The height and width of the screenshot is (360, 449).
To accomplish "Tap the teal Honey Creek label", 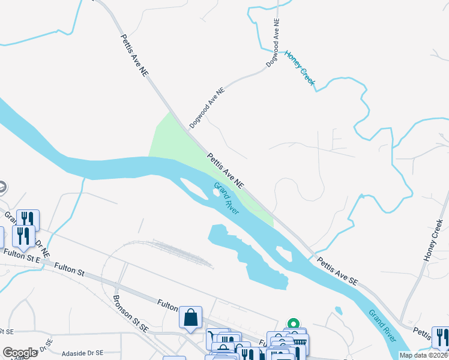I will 300,67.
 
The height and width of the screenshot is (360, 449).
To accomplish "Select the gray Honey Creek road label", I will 433,239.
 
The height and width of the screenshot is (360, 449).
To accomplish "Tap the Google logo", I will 20,353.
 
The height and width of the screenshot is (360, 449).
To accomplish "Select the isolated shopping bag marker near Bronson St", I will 190,316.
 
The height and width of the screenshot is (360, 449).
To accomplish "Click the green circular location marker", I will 294,323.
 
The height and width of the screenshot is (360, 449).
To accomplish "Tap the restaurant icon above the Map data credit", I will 439,336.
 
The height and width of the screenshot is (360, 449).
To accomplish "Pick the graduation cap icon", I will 2,187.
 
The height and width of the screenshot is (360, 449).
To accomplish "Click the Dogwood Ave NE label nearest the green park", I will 206,107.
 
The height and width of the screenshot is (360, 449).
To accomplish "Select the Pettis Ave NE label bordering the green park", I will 226,169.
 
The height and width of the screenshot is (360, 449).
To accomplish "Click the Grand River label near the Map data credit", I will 382,324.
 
